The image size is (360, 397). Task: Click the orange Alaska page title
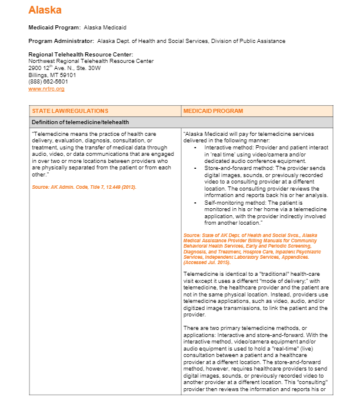[x=45, y=10]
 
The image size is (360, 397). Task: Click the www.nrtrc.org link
[x=46, y=89]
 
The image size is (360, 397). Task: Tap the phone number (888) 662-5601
[x=48, y=82]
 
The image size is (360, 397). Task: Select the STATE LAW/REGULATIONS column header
[x=70, y=111]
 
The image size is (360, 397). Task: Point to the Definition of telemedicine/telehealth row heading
[x=80, y=122]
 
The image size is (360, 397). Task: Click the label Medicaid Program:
[x=55, y=28]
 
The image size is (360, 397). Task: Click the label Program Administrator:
[x=61, y=41]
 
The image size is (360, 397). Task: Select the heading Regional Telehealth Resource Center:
[x=81, y=55]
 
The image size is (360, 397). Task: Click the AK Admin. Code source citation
[x=84, y=186]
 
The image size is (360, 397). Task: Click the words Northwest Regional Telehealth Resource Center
[x=91, y=61]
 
